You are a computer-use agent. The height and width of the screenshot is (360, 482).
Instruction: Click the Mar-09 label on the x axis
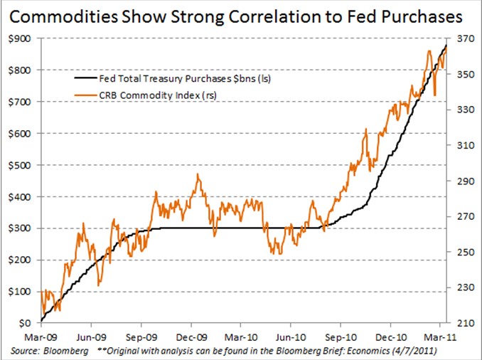[41, 337]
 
